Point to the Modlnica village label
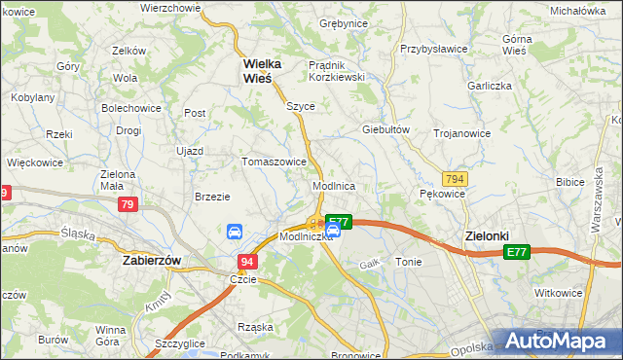click(333, 185)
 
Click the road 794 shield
click(453, 179)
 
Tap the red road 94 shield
click(247, 262)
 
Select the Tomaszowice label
click(275, 162)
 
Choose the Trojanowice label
click(461, 132)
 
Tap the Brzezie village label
click(212, 196)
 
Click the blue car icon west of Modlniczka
click(235, 232)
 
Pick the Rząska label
click(256, 327)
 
